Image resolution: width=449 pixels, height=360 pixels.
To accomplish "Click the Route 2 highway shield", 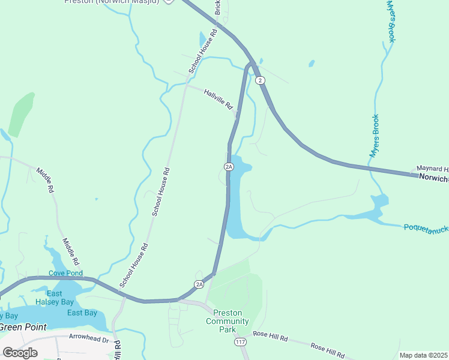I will click(259, 80).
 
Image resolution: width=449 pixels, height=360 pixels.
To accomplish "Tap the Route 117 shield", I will click(240, 342).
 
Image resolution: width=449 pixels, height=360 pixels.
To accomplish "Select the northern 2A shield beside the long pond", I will click(228, 166).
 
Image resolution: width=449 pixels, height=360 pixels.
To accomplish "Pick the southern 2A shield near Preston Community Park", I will click(199, 284).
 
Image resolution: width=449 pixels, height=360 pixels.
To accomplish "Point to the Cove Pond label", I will click(65, 273).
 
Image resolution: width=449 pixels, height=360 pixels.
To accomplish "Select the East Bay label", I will click(82, 313).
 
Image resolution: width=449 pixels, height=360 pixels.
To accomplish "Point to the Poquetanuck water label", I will click(426, 228).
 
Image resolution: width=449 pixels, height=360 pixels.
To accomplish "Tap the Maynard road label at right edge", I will click(433, 169).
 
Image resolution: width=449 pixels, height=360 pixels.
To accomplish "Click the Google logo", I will click(20, 352).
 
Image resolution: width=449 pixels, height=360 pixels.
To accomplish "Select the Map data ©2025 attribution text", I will click(423, 355).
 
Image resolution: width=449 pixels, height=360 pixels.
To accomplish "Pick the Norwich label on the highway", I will click(433, 178).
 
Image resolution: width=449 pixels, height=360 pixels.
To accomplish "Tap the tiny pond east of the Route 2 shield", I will click(311, 63).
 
